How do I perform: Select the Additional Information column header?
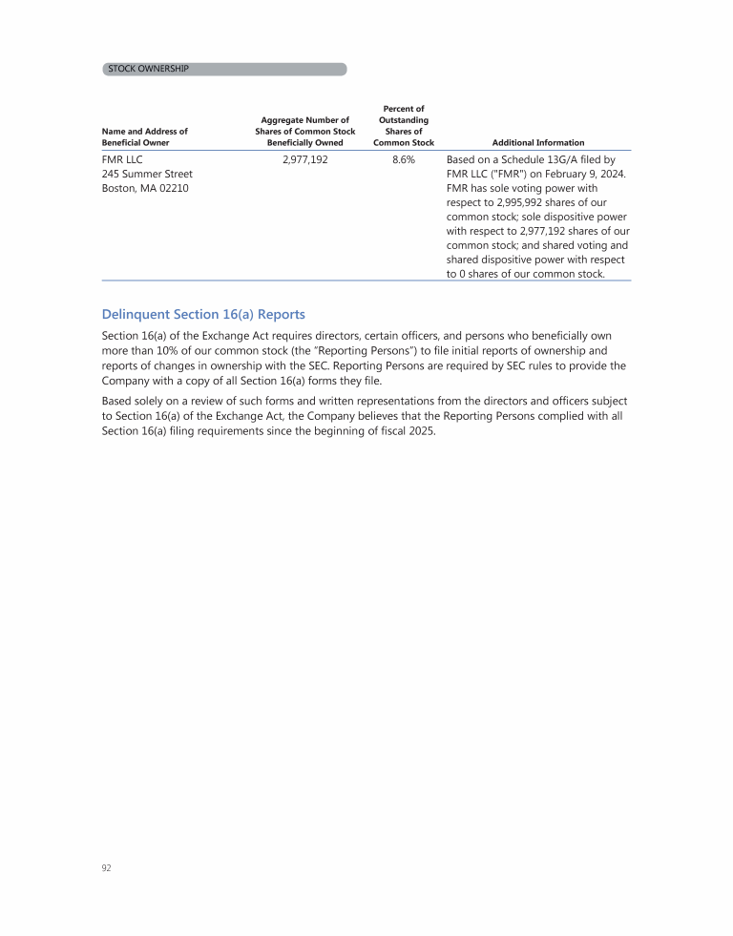(538, 142)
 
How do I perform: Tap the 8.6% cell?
(403, 160)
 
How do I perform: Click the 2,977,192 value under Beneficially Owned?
(305, 160)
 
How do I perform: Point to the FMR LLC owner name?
(122, 160)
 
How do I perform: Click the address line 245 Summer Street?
(147, 175)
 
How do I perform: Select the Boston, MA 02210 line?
(145, 189)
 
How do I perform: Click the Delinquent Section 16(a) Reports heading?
(203, 314)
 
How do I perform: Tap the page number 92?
(107, 868)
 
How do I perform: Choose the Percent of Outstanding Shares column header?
(403, 126)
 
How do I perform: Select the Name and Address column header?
(144, 136)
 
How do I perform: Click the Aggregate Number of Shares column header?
(305, 131)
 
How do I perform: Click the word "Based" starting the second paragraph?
(118, 401)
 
